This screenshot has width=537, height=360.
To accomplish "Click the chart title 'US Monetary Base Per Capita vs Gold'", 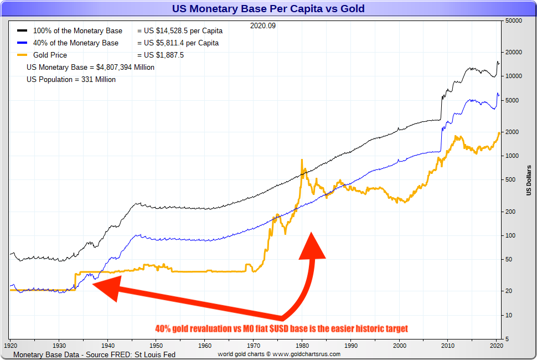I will coord(268,9).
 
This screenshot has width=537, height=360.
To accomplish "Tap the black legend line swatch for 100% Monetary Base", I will coord(22,31).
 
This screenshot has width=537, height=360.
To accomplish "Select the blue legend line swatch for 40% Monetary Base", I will coord(22,43).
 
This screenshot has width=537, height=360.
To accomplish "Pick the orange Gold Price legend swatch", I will coord(22,55).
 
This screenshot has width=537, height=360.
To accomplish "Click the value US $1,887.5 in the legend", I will coord(161,55).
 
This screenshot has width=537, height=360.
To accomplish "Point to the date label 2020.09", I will coord(262,25).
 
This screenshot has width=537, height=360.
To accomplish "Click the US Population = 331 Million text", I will coord(71,80).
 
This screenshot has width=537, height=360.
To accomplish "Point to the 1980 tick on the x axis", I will coord(302,344).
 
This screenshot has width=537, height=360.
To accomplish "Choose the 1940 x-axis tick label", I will coord(107,344).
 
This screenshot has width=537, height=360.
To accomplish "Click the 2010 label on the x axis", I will coord(448,344).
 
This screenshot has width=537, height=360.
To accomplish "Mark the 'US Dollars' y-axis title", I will coord(528,180).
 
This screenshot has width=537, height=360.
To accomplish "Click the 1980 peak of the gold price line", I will coord(302,161).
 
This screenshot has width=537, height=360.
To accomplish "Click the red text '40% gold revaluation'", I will coord(193,328).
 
